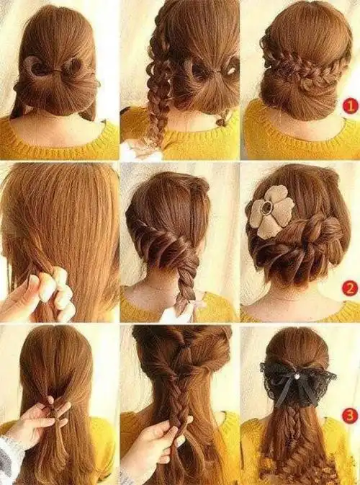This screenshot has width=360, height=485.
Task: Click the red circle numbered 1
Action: pos(351,107)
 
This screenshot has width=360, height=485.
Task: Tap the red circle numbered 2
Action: pos(350,288)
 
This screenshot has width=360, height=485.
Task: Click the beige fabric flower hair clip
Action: pos(271,212)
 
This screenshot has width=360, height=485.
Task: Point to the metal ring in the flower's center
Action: pos(266,208)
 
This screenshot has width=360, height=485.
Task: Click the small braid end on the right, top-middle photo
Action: pos(223,119)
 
